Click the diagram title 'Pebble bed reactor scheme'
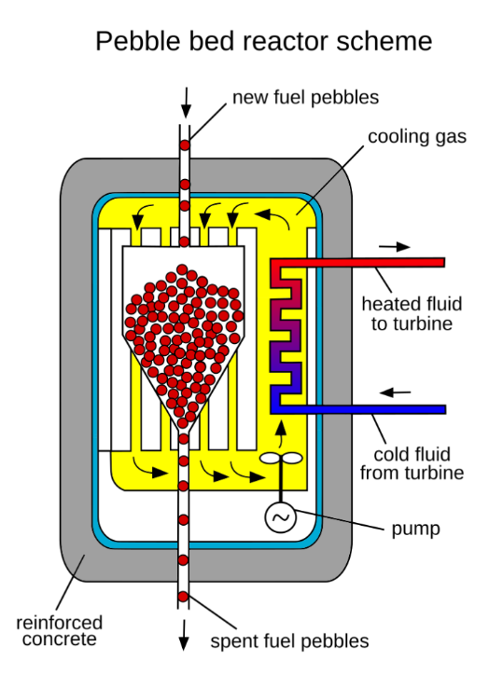coord(264,42)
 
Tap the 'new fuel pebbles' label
coord(305,98)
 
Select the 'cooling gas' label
coord(417,137)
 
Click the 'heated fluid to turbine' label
coord(412,313)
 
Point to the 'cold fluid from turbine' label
coord(412,463)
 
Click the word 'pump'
coord(415,530)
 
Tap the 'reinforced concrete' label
coord(60,630)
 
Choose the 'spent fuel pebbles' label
coord(289,640)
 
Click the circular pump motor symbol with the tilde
coord(281,517)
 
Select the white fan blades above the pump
coord(282,459)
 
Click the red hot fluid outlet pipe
coord(357,262)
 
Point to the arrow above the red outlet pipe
coord(394,247)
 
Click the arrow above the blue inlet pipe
coord(395,392)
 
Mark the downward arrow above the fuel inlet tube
coord(186,103)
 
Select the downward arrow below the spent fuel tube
coord(184,635)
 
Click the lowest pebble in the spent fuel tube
coord(183,597)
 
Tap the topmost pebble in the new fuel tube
coord(185,145)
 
